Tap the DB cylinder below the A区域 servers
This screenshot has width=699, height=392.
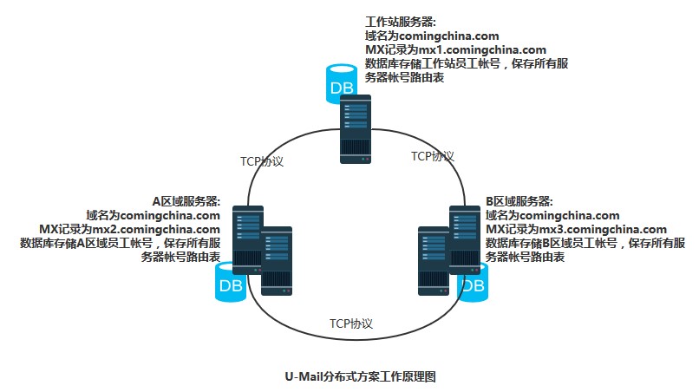point(230,283)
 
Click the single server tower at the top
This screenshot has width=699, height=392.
point(357,129)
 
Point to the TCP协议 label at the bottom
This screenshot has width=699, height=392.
point(350,323)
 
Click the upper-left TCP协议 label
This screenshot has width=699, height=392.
point(261,162)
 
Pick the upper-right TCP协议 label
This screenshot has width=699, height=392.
point(433,156)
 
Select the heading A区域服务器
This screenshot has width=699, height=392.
point(186,200)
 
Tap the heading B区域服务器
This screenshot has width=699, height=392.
point(519,200)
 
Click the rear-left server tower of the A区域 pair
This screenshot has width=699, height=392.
point(247,238)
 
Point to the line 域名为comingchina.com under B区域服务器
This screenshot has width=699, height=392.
point(552,214)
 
